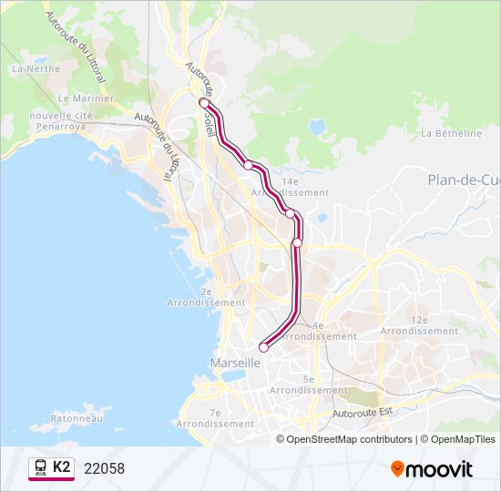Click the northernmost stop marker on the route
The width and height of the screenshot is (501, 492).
click(x=204, y=103)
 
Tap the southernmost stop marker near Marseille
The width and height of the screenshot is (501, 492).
click(x=263, y=346)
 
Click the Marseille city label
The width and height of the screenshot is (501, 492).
click(x=235, y=363)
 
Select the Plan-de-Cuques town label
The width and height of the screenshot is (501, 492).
click(x=464, y=179)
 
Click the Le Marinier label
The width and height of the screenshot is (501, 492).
click(x=86, y=98)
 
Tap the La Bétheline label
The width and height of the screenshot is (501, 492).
click(x=451, y=133)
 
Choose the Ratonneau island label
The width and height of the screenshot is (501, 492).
click(x=56, y=420)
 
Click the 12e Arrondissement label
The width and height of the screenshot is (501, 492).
click(x=419, y=326)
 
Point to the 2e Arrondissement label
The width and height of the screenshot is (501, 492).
click(x=207, y=297)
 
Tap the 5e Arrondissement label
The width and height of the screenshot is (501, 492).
click(x=309, y=384)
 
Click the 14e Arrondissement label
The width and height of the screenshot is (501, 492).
click(x=290, y=188)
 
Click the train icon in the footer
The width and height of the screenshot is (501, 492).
click(x=40, y=468)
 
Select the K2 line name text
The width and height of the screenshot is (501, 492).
click(x=61, y=467)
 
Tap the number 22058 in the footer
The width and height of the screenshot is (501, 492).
click(x=104, y=469)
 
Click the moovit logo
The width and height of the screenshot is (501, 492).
click(x=432, y=469)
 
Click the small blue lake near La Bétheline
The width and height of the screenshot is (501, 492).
click(x=318, y=127)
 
